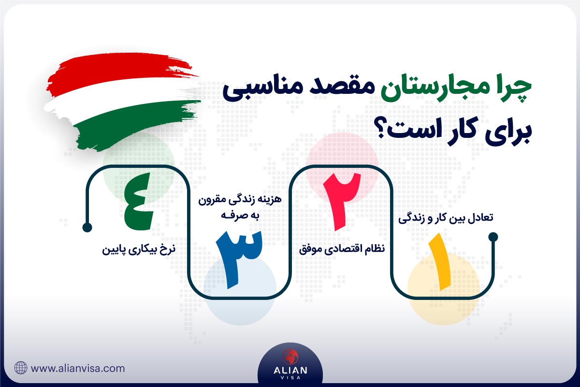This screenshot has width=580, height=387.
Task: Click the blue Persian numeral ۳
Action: [x=238, y=259]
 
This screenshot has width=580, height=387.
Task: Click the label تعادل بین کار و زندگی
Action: [x=446, y=219]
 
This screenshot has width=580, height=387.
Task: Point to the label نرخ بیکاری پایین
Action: [x=138, y=251]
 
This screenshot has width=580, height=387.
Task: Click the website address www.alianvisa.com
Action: [x=78, y=368]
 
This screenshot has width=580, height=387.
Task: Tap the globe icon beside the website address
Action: [x=21, y=368]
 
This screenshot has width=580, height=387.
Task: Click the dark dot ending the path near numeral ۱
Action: [x=493, y=237]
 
